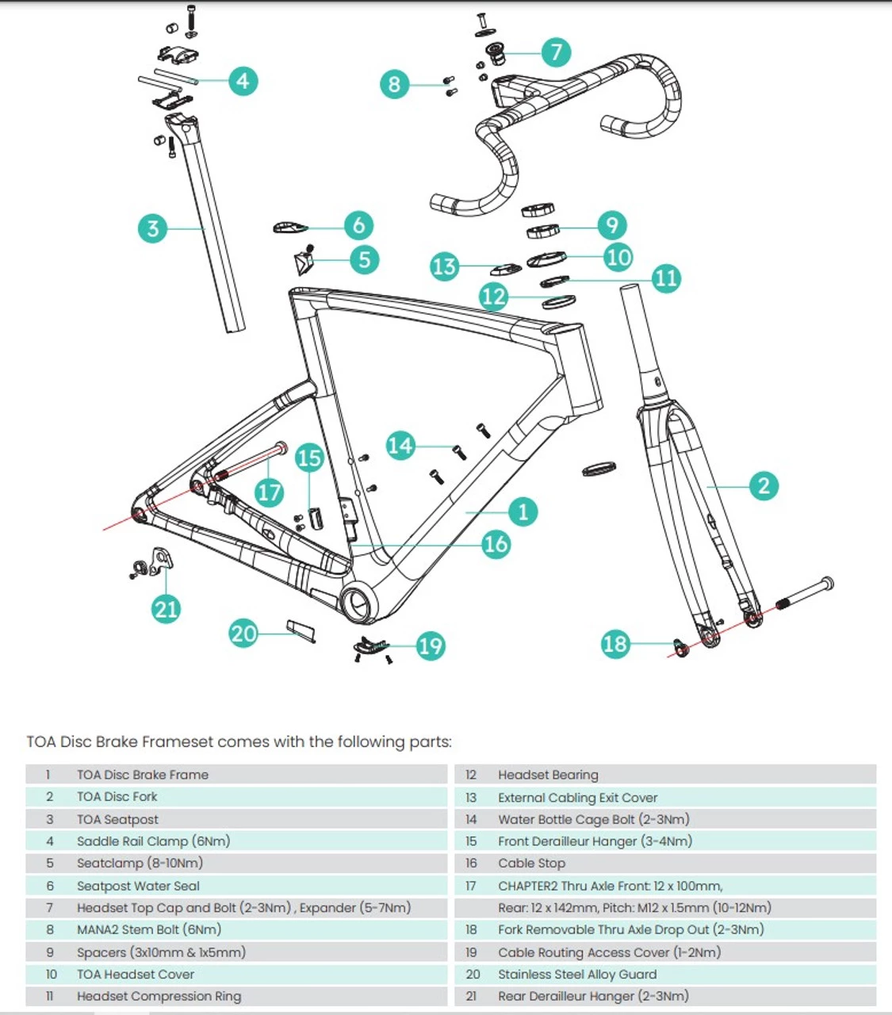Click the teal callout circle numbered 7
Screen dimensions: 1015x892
point(556,52)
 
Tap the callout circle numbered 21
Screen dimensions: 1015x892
point(167,608)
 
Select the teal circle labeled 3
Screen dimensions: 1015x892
point(153,228)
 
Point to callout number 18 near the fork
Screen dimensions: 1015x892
point(615,643)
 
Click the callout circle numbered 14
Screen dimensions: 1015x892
point(401,446)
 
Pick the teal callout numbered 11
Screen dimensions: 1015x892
point(666,278)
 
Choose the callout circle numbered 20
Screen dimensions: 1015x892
point(243,634)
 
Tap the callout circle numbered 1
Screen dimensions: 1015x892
point(523,511)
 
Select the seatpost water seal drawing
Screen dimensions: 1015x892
point(289,228)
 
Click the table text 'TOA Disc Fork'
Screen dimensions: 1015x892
point(117,797)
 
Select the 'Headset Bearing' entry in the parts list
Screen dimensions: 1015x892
point(548,775)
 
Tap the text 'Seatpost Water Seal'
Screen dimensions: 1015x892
point(138,886)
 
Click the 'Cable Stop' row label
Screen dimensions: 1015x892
point(531,864)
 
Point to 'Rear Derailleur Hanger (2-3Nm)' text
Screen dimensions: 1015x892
point(593,996)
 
